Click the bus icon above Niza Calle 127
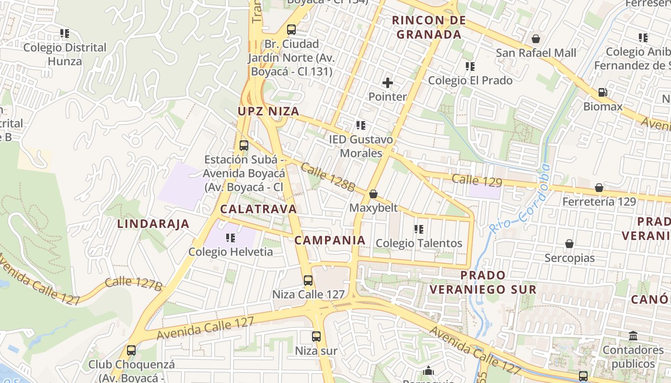(x=308, y=281)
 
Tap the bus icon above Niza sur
(x=316, y=337)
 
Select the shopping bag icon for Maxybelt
(x=373, y=194)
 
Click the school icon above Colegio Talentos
(x=419, y=229)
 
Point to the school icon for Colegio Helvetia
(x=231, y=237)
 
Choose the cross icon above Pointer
(x=388, y=83)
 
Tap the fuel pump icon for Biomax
(x=602, y=92)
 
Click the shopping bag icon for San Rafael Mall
(x=536, y=39)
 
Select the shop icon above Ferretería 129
(x=599, y=188)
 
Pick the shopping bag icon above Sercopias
(x=569, y=244)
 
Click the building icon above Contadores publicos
(x=633, y=336)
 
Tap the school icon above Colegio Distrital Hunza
(x=65, y=34)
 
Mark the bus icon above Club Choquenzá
(x=131, y=350)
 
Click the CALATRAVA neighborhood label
(x=258, y=209)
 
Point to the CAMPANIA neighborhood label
(x=330, y=240)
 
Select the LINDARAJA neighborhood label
(x=153, y=224)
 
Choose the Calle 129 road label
(x=477, y=181)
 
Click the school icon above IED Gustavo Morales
(x=361, y=125)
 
